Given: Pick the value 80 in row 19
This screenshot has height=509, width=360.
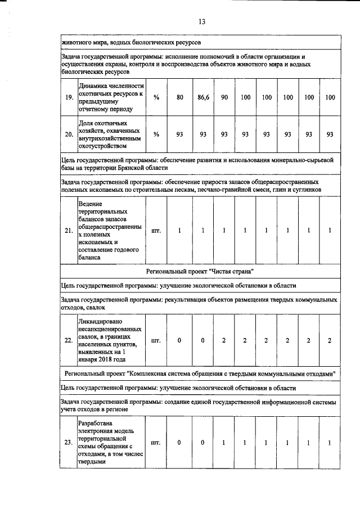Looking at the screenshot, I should click(x=180, y=98).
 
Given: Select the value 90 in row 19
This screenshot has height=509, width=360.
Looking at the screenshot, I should click(x=224, y=98).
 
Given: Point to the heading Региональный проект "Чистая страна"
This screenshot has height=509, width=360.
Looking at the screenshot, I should click(x=200, y=271).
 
